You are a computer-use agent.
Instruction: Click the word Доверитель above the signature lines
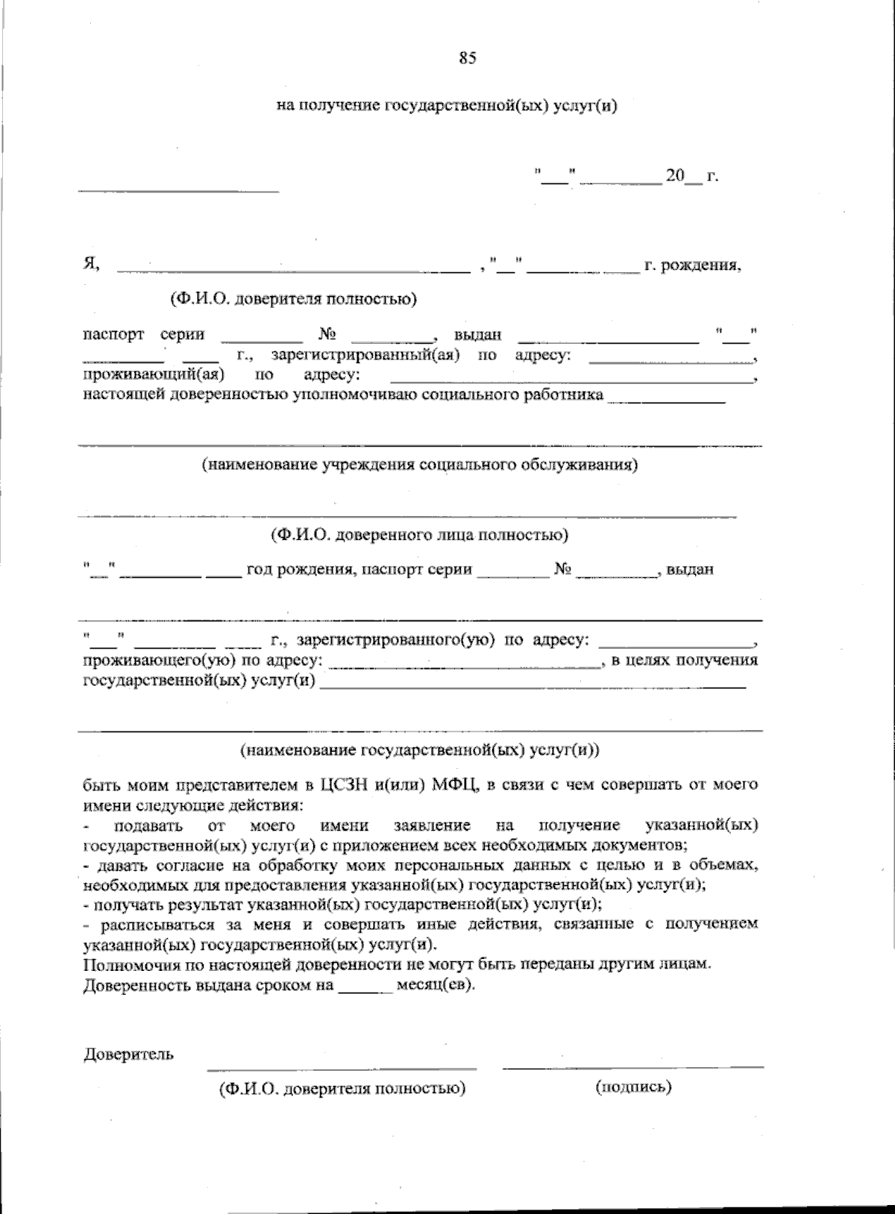click(x=128, y=1054)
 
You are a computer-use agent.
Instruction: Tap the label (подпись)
click(x=634, y=1086)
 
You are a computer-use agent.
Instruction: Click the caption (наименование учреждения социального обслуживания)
click(x=420, y=465)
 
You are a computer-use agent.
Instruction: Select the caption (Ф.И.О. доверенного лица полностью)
click(x=419, y=535)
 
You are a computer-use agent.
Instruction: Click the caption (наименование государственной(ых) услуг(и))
click(x=419, y=750)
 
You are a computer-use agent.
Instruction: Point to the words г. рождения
click(x=693, y=265)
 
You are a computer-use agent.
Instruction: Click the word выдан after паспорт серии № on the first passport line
click(x=477, y=335)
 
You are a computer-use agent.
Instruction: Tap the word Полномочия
click(x=126, y=963)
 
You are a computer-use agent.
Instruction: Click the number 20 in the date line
click(x=675, y=176)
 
